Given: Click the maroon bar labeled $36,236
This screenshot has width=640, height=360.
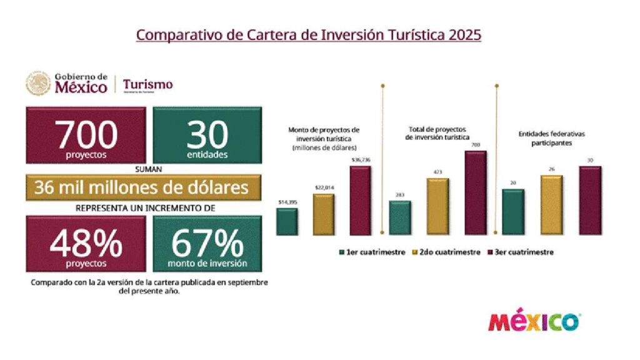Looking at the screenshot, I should pos(360,200).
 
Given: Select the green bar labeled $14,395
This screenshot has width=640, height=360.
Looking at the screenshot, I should pos(286,221).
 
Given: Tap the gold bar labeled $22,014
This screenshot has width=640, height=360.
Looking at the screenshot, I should pos(323,214).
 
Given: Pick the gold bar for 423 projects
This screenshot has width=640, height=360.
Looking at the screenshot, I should pos(437,206).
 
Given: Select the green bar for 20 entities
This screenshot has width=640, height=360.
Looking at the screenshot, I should pos(513,212).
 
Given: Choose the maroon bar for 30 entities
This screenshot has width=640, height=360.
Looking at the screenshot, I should pos(590,200).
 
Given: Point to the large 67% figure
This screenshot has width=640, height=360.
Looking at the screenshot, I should pos(207,241).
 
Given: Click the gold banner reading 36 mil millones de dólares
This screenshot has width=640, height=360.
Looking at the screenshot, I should pos(141,187).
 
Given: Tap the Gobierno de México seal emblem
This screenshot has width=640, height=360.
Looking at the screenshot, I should pos(38,83).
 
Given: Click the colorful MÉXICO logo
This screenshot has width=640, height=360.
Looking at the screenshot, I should pos(534,322).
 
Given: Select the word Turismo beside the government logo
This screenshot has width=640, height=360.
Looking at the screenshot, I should pos(148,84).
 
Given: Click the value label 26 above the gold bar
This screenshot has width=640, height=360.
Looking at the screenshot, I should pos(551,169).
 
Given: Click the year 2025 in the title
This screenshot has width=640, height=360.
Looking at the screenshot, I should pos(464,34).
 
